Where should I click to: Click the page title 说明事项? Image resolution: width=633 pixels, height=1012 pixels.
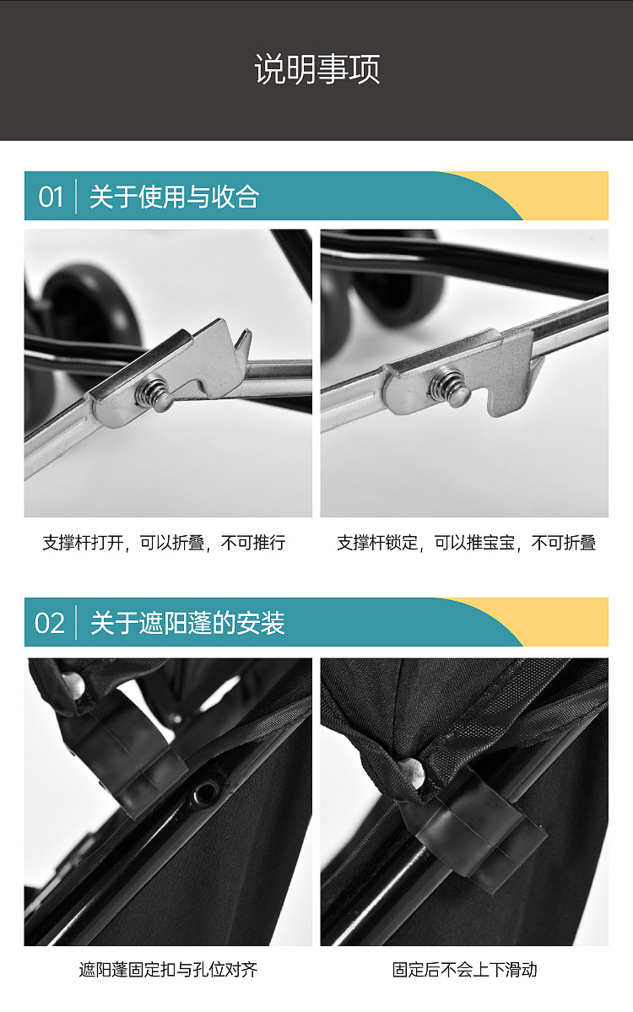pos(316,69)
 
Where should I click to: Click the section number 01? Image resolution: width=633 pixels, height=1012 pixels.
pos(51,197)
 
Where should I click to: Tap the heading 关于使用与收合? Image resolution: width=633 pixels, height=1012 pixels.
pos(174,197)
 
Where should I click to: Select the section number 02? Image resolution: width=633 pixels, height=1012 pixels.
pos(50,623)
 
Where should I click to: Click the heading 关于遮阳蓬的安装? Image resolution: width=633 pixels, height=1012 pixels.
pos(187,623)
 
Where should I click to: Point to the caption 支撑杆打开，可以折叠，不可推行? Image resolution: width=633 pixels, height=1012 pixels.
pos(164,543)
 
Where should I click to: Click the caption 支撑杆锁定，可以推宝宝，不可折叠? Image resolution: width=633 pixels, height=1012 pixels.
pos(466,543)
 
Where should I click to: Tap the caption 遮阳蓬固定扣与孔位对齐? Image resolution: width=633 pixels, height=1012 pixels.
pos(168,970)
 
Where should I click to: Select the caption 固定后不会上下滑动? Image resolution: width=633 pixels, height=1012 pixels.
pos(464,970)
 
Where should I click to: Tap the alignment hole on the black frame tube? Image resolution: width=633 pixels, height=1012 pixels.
pos(204,792)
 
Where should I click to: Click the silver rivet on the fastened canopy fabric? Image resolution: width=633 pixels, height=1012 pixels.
pos(409,769)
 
